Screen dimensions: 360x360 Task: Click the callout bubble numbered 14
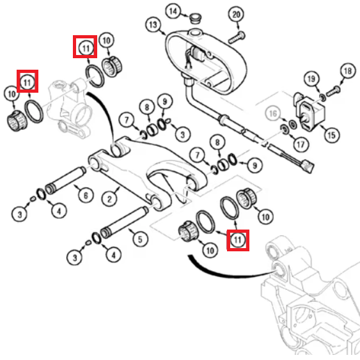pyautogui.click(x=173, y=12)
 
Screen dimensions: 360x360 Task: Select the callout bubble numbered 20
pyautogui.click(x=236, y=15)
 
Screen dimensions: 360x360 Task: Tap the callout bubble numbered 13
pyautogui.click(x=153, y=24)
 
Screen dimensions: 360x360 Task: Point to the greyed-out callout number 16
pyautogui.click(x=273, y=114)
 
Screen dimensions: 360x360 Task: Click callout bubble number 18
pyautogui.click(x=348, y=71)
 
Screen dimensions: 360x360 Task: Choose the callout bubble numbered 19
pyautogui.click(x=311, y=79)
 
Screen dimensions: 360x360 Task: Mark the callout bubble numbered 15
pyautogui.click(x=332, y=135)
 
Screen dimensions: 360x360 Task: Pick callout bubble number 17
pyautogui.click(x=301, y=145)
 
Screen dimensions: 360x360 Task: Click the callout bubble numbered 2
pyautogui.click(x=109, y=199)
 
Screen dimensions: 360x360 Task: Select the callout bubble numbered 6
pyautogui.click(x=86, y=196)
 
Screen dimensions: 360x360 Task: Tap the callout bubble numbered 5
pyautogui.click(x=140, y=240)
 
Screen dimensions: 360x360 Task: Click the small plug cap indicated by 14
pyautogui.click(x=196, y=19)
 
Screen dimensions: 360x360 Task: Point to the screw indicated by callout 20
pyautogui.click(x=237, y=38)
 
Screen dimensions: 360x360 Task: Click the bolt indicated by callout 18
pyautogui.click(x=334, y=91)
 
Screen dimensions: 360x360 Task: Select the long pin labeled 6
pyautogui.click(x=65, y=180)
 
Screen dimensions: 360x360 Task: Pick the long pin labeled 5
pyautogui.click(x=124, y=223)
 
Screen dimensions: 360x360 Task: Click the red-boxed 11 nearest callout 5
pyautogui.click(x=238, y=240)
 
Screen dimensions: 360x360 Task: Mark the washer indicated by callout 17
pyautogui.click(x=285, y=130)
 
